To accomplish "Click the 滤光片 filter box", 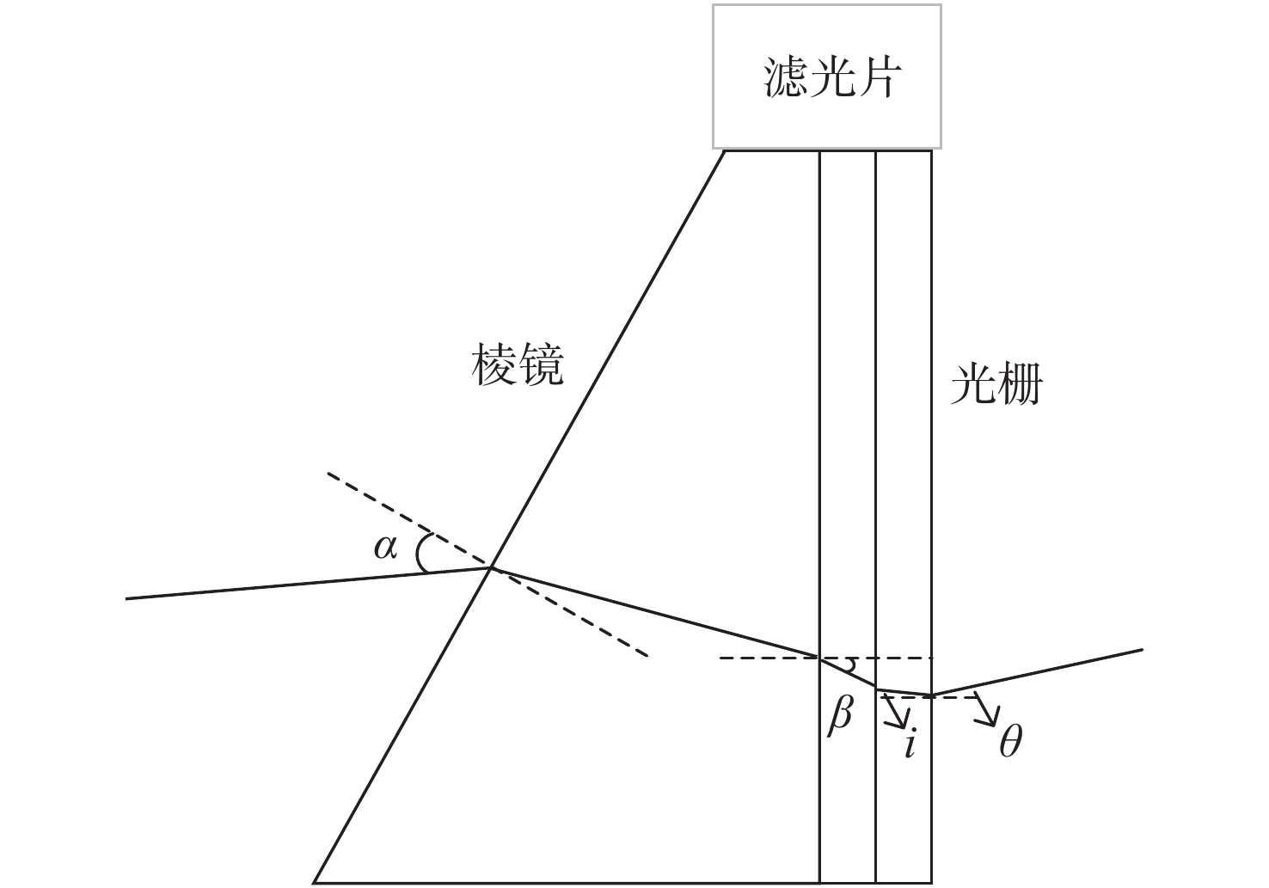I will [x=826, y=77].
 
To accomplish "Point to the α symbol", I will [x=385, y=547].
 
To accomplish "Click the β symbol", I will [x=840, y=715].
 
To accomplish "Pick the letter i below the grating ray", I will [x=910, y=742].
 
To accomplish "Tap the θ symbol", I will [x=1010, y=741].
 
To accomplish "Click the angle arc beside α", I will [x=420, y=553].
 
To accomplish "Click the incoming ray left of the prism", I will [x=301, y=584].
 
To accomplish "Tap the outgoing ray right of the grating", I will [x=1040, y=671].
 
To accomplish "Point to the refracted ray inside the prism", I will [x=653, y=612].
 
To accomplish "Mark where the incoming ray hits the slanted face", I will [x=491, y=567].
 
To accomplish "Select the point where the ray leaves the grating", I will [x=931, y=695].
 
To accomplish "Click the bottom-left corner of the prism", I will [x=315, y=882].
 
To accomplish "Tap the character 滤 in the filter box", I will [x=785, y=77].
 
